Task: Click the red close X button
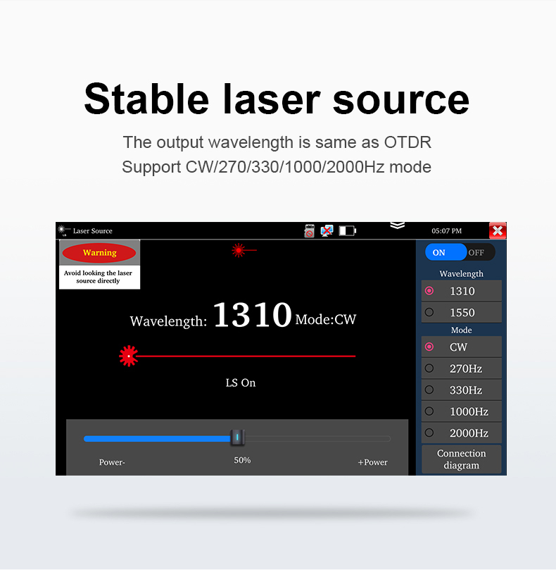[498, 230]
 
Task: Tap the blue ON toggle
[446, 252]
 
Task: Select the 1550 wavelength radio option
[461, 312]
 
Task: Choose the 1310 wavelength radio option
[461, 291]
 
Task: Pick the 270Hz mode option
[461, 368]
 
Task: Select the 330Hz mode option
[461, 390]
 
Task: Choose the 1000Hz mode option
[461, 411]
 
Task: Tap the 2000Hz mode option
[461, 433]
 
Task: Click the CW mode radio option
[461, 347]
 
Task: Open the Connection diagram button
[461, 459]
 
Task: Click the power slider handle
[237, 438]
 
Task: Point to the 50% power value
[242, 460]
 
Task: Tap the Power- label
[112, 462]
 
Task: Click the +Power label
[372, 462]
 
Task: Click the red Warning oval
[99, 253]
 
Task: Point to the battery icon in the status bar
[348, 230]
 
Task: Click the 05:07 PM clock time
[447, 231]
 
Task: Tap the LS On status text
[241, 383]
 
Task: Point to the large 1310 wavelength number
[253, 314]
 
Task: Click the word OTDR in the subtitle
[407, 142]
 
